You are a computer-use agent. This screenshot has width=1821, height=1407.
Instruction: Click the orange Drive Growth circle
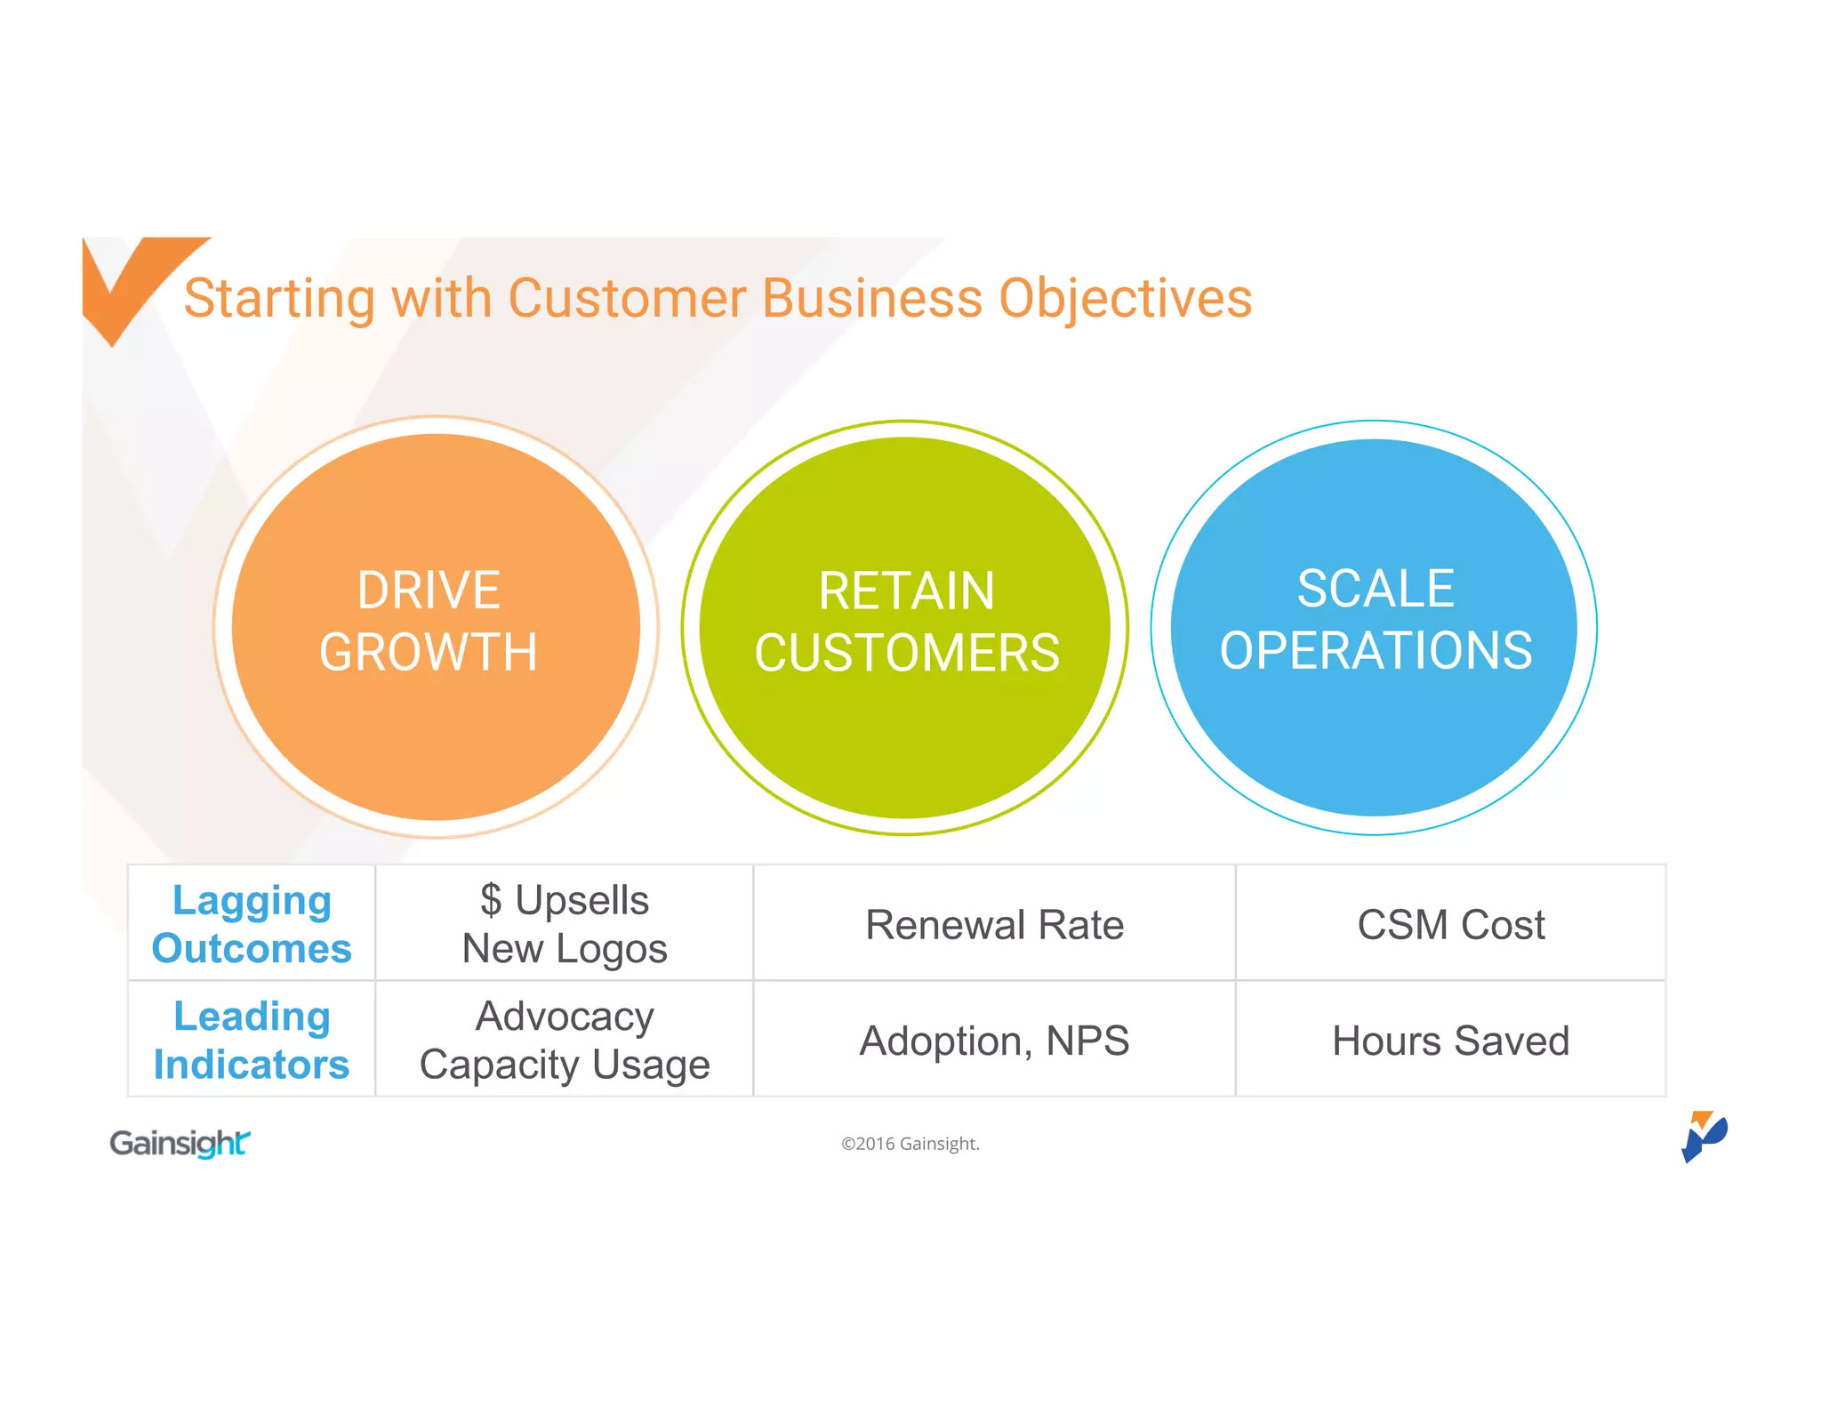436,626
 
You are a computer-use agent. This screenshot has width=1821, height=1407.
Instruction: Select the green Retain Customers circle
905,627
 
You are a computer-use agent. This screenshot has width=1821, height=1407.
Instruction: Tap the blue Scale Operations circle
1374,627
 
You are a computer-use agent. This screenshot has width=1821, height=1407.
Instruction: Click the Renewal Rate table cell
994,924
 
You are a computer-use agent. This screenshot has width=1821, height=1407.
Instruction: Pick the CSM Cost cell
1450,924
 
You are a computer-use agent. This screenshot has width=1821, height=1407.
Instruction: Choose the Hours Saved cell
1450,1040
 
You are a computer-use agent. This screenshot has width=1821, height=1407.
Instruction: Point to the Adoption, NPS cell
994,1040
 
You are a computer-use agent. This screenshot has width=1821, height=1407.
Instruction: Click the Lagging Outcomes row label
252,924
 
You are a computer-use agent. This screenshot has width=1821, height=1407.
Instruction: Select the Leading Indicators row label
252,1040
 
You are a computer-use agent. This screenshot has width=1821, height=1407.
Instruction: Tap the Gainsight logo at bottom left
180,1143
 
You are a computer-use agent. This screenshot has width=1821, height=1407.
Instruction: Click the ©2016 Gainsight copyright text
910,1144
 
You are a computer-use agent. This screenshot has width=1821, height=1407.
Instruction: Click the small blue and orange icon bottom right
1704,1137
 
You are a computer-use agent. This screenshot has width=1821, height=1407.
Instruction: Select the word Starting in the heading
279,298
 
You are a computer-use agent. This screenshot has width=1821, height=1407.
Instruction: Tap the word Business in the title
872,298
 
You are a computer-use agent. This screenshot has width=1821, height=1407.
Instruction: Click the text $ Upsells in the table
565,900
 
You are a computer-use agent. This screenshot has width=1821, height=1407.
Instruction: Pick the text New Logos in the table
565,948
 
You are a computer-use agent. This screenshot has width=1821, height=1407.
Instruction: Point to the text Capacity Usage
565,1064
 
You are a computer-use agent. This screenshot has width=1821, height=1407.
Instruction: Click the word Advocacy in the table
565,1016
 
